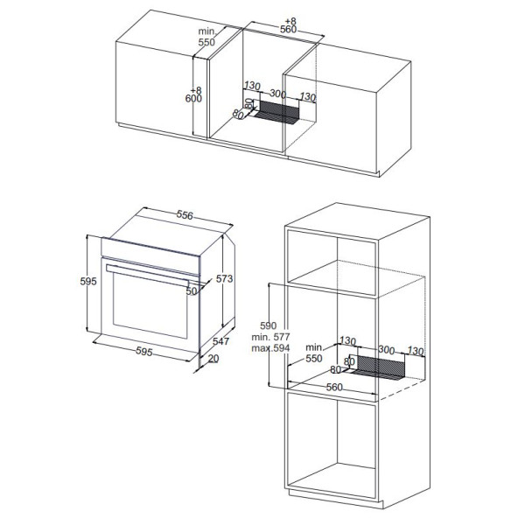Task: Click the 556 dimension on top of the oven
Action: tap(185, 215)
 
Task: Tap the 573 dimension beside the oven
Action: tap(224, 279)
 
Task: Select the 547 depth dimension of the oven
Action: tap(220, 341)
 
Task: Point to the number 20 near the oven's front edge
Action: tap(213, 359)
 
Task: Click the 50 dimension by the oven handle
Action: tap(192, 291)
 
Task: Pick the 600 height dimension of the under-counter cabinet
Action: tap(193, 99)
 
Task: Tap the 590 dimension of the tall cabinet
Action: tap(268, 325)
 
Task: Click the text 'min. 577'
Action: tap(270, 337)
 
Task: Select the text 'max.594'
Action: tap(270, 348)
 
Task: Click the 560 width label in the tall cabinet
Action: tap(334, 387)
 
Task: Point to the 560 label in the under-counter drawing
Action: tap(288, 30)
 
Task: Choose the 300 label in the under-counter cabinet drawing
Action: tap(278, 94)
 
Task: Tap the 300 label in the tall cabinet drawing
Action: tap(386, 349)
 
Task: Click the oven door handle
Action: tap(147, 276)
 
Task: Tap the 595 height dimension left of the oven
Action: tap(88, 281)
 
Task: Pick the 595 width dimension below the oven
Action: tap(144, 352)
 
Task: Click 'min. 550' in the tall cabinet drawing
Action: tap(314, 353)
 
